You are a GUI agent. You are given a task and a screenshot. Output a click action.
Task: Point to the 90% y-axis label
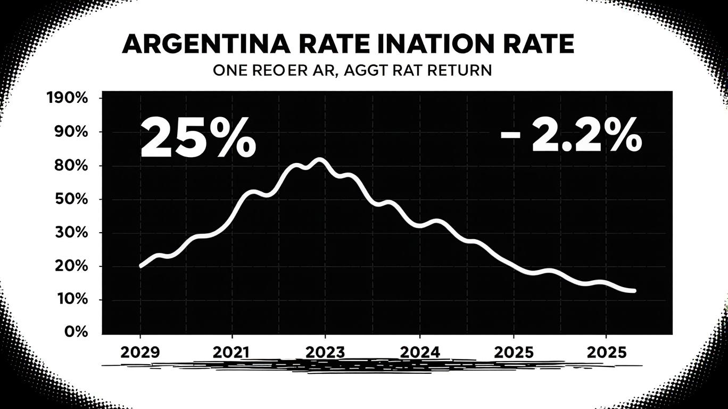[x=71, y=132]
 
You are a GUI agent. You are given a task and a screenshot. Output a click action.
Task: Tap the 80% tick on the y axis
[x=71, y=166]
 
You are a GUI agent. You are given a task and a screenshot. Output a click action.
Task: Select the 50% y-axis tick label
[x=71, y=199]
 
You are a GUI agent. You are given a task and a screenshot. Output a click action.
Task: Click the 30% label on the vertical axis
[x=71, y=233]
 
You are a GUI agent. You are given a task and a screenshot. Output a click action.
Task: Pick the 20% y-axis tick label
[x=71, y=266]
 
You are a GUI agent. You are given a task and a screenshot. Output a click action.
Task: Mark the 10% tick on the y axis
[x=71, y=299]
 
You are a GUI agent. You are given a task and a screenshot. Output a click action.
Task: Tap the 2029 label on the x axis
[x=140, y=352]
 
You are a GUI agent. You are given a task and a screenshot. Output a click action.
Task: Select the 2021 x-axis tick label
[x=232, y=352]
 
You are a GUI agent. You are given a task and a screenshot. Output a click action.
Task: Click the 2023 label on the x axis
[x=325, y=352]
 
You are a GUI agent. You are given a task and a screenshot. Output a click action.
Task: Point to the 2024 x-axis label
[x=420, y=352]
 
